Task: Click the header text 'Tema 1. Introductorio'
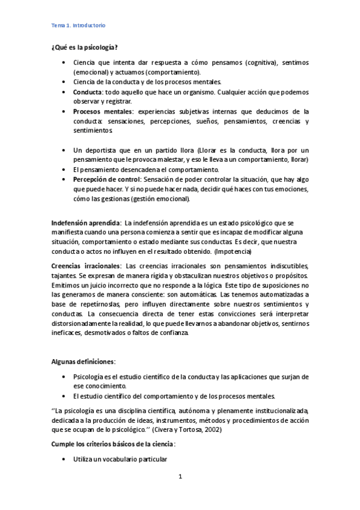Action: click(x=78, y=26)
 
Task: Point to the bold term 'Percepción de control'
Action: click(x=106, y=179)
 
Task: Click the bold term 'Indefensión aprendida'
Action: click(x=85, y=223)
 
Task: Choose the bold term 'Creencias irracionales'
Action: click(x=85, y=266)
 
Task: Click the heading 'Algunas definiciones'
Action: click(x=82, y=362)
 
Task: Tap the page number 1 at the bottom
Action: click(x=180, y=477)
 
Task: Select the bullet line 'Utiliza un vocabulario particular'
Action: click(x=120, y=459)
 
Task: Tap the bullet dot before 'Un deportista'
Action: click(x=64, y=150)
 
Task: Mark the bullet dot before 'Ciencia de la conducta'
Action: click(x=64, y=82)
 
